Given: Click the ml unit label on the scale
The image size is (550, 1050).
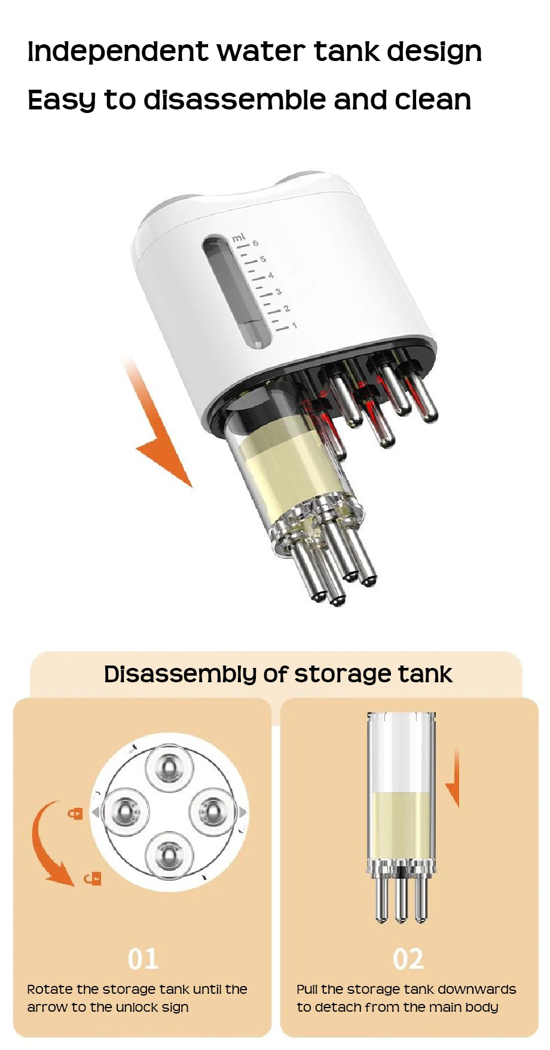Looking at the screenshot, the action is (x=239, y=237).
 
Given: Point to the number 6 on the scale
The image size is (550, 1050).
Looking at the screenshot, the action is (x=255, y=243).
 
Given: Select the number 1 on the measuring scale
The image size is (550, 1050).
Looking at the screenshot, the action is (x=294, y=326).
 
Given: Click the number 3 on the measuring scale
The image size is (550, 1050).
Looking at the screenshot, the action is (x=278, y=292).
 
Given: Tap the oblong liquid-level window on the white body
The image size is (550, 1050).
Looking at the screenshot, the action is (x=236, y=292).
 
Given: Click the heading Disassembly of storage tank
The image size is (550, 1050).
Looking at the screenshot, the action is (x=278, y=674).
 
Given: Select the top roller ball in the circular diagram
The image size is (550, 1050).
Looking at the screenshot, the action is (x=170, y=769).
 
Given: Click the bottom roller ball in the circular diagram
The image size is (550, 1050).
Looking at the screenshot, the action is (x=170, y=854).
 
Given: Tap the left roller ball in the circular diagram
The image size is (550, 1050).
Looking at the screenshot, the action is (x=126, y=811).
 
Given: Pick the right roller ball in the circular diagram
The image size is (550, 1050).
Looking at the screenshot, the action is (x=212, y=811).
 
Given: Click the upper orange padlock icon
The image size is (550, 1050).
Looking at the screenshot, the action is (x=75, y=813).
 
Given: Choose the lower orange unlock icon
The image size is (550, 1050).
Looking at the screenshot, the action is (x=93, y=878).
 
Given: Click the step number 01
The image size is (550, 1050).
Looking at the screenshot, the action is (x=143, y=959).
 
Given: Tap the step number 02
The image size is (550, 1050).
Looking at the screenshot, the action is (x=408, y=959).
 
